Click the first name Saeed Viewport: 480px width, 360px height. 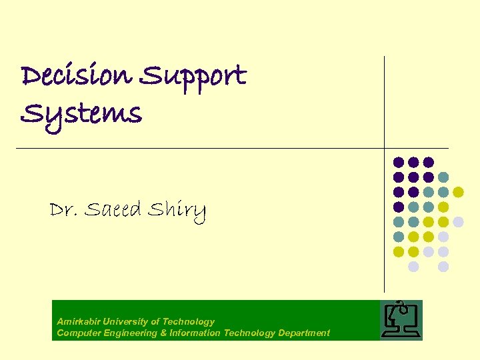point(113,211)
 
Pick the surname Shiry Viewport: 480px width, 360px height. point(177,212)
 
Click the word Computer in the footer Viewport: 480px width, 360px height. point(77,333)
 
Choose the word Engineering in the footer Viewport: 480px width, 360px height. point(129,333)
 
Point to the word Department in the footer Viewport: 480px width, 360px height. point(304,333)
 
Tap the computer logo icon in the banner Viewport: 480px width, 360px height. point(401,319)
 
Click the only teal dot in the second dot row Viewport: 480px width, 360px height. point(443,177)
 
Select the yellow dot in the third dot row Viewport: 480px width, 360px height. point(458,192)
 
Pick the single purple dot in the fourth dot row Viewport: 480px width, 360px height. point(399,207)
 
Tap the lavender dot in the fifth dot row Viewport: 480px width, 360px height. point(458,221)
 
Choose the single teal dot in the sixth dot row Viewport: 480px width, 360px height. point(399,237)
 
